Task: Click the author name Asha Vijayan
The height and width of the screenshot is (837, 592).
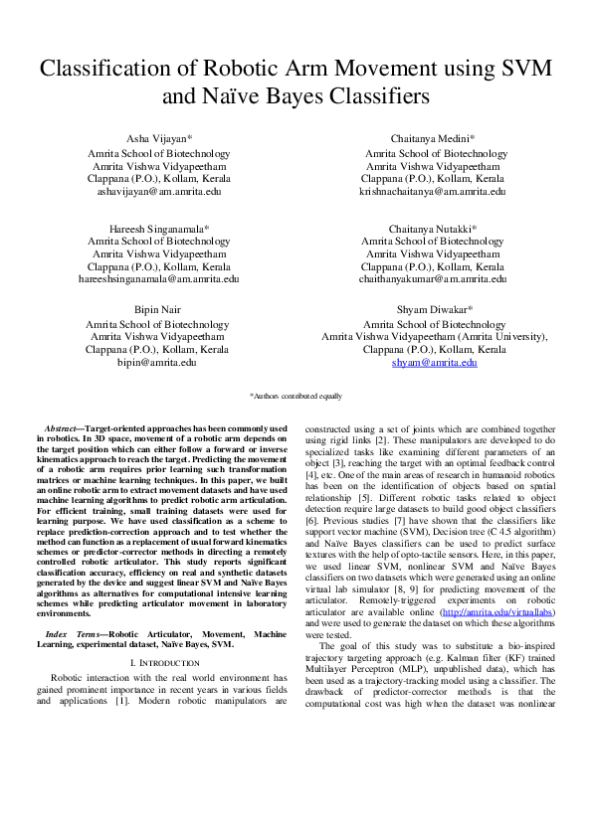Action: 158,140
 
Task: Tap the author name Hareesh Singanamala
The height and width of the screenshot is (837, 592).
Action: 158,228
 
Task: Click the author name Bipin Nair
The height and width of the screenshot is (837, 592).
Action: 157,310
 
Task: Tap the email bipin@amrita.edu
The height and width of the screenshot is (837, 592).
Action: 159,364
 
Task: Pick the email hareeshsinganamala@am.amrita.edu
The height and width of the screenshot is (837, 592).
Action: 159,279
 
